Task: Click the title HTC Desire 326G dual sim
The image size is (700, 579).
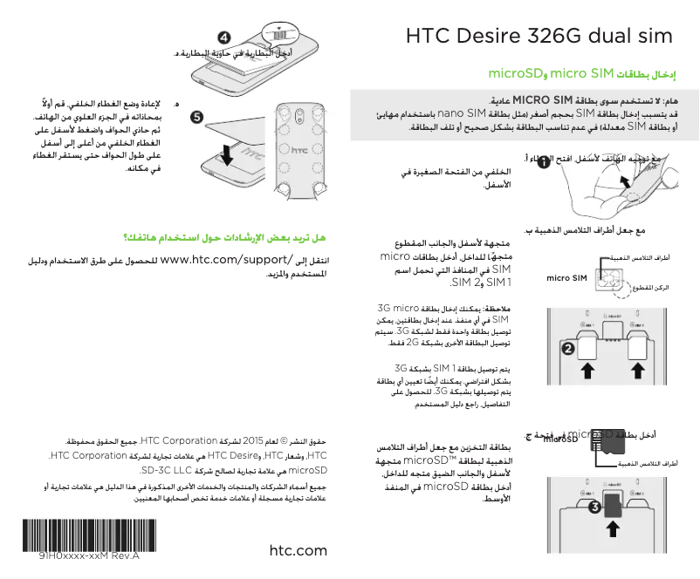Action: (x=539, y=37)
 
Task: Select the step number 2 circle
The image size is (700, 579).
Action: (x=567, y=348)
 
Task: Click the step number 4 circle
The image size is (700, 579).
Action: (x=224, y=38)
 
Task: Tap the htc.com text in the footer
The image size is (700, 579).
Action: (x=299, y=550)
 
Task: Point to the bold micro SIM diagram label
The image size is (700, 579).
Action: (x=566, y=278)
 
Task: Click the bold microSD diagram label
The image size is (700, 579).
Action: (x=560, y=439)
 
